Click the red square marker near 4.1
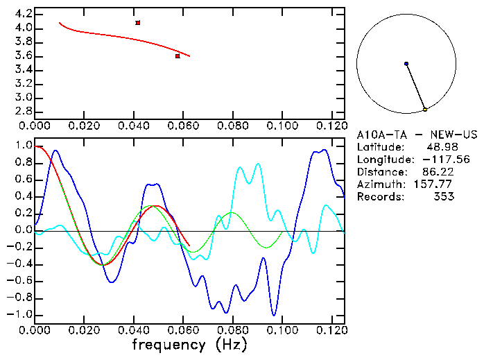[x=138, y=23]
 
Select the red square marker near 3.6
[x=178, y=56]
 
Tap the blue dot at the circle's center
[x=406, y=64]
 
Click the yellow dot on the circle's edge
[x=425, y=110]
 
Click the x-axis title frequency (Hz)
[x=189, y=344]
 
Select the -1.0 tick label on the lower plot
[x=20, y=314]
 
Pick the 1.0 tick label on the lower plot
[x=23, y=146]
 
